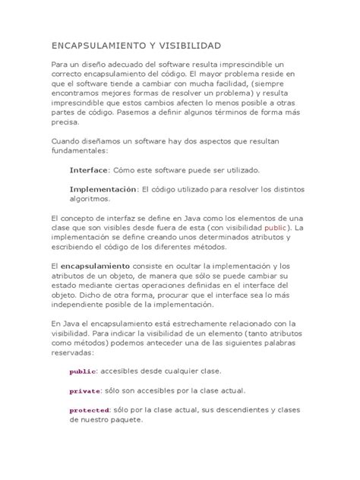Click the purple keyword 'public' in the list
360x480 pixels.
[82, 371]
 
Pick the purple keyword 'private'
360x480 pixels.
[84, 391]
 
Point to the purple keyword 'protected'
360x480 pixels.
[90, 410]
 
